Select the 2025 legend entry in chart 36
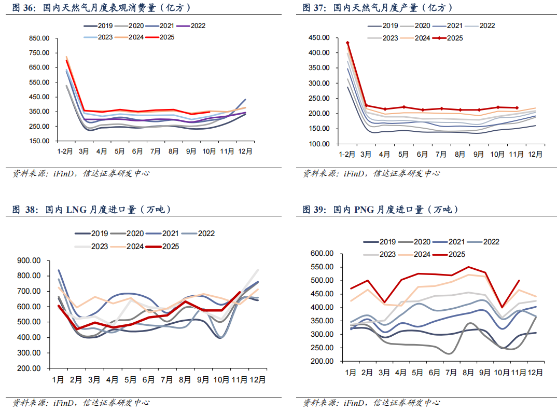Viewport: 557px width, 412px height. (159, 37)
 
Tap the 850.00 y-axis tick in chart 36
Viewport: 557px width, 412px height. (39, 38)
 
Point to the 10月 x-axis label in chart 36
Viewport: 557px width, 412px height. (209, 152)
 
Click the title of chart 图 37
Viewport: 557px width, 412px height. (378, 8)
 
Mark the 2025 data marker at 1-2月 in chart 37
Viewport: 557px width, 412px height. (347, 43)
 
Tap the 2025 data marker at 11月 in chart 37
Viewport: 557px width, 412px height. (517, 108)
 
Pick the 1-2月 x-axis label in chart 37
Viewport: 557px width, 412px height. (347, 154)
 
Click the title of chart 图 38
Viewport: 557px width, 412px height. (92, 210)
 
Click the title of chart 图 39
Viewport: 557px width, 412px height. (381, 210)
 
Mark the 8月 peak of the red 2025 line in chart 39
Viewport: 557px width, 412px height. (468, 267)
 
